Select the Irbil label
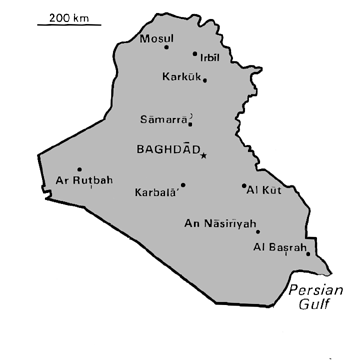208,58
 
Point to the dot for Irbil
194,54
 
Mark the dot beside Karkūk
205,80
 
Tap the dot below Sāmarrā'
190,126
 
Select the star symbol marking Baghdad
203,155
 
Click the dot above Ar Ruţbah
79,169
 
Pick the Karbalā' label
155,191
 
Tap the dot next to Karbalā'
183,184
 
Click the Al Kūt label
263,189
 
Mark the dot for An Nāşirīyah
257,231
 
